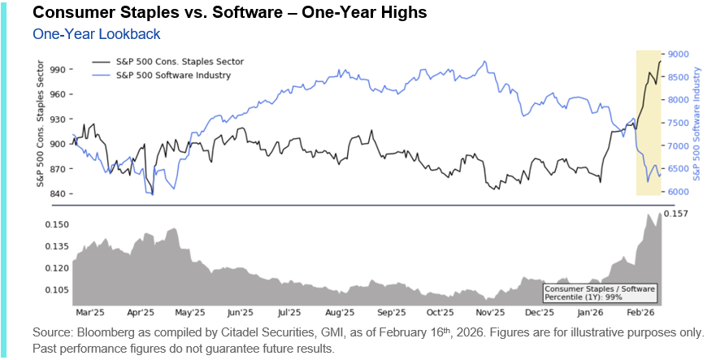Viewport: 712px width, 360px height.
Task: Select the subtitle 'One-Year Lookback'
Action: coord(96,34)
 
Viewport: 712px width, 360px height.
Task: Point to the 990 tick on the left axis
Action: coord(57,70)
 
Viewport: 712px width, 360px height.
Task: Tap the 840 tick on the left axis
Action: coord(57,193)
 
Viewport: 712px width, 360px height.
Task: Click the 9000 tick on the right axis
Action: coord(679,54)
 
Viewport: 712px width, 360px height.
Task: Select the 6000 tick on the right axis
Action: coord(679,192)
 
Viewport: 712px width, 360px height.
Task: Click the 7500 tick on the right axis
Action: coord(679,123)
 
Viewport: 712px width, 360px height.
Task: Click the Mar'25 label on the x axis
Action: coord(89,312)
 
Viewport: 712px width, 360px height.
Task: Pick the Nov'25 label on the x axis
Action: coord(489,312)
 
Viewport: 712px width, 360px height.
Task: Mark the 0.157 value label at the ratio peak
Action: coord(676,214)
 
